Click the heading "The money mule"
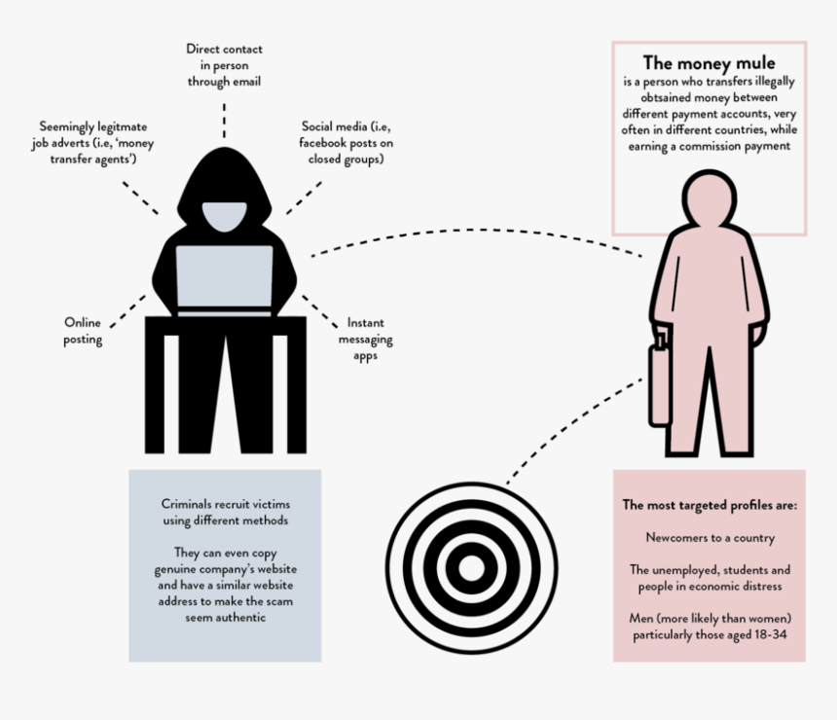coord(709,63)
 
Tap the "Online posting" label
coord(83,331)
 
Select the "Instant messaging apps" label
coord(366,339)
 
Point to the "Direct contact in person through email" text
coord(224,65)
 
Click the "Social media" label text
coord(346,142)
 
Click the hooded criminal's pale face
coord(225,216)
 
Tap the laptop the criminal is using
coord(225,279)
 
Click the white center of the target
coord(471,568)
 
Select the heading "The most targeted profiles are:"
coord(710,505)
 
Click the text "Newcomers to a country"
coord(710,537)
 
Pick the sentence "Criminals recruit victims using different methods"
coord(225,512)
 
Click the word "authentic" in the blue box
coord(240,618)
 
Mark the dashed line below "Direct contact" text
coord(224,121)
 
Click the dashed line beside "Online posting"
coord(127,311)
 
